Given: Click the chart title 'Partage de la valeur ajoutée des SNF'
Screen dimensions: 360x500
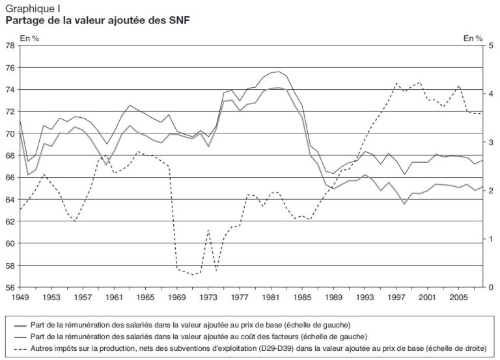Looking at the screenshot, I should point(98,21).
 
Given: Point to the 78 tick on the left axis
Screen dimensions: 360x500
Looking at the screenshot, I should point(11,46).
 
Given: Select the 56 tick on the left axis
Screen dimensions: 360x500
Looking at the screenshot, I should point(11,287).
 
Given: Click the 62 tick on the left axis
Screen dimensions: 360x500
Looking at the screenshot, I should point(11,221).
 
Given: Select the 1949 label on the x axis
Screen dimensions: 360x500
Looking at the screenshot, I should point(20,297).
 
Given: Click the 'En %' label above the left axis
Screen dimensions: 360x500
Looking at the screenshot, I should point(30,39).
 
